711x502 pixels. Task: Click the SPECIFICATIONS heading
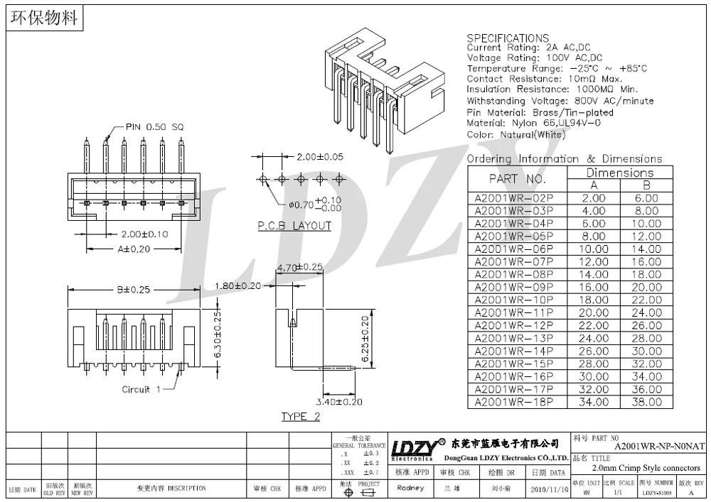(507, 38)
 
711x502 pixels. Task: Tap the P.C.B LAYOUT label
(294, 226)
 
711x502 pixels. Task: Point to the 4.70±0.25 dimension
(299, 268)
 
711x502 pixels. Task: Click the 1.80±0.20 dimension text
(237, 285)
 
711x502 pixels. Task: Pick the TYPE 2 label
(301, 416)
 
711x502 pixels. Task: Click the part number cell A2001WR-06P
(513, 249)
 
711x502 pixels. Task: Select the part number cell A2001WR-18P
(513, 402)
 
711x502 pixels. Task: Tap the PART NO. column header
(517, 179)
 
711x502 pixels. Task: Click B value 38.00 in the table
(646, 402)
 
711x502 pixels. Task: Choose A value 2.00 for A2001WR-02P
(594, 198)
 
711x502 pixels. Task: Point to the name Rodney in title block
(410, 488)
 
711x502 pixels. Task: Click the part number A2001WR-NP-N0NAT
(659, 446)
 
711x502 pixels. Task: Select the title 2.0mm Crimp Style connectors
(646, 468)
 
